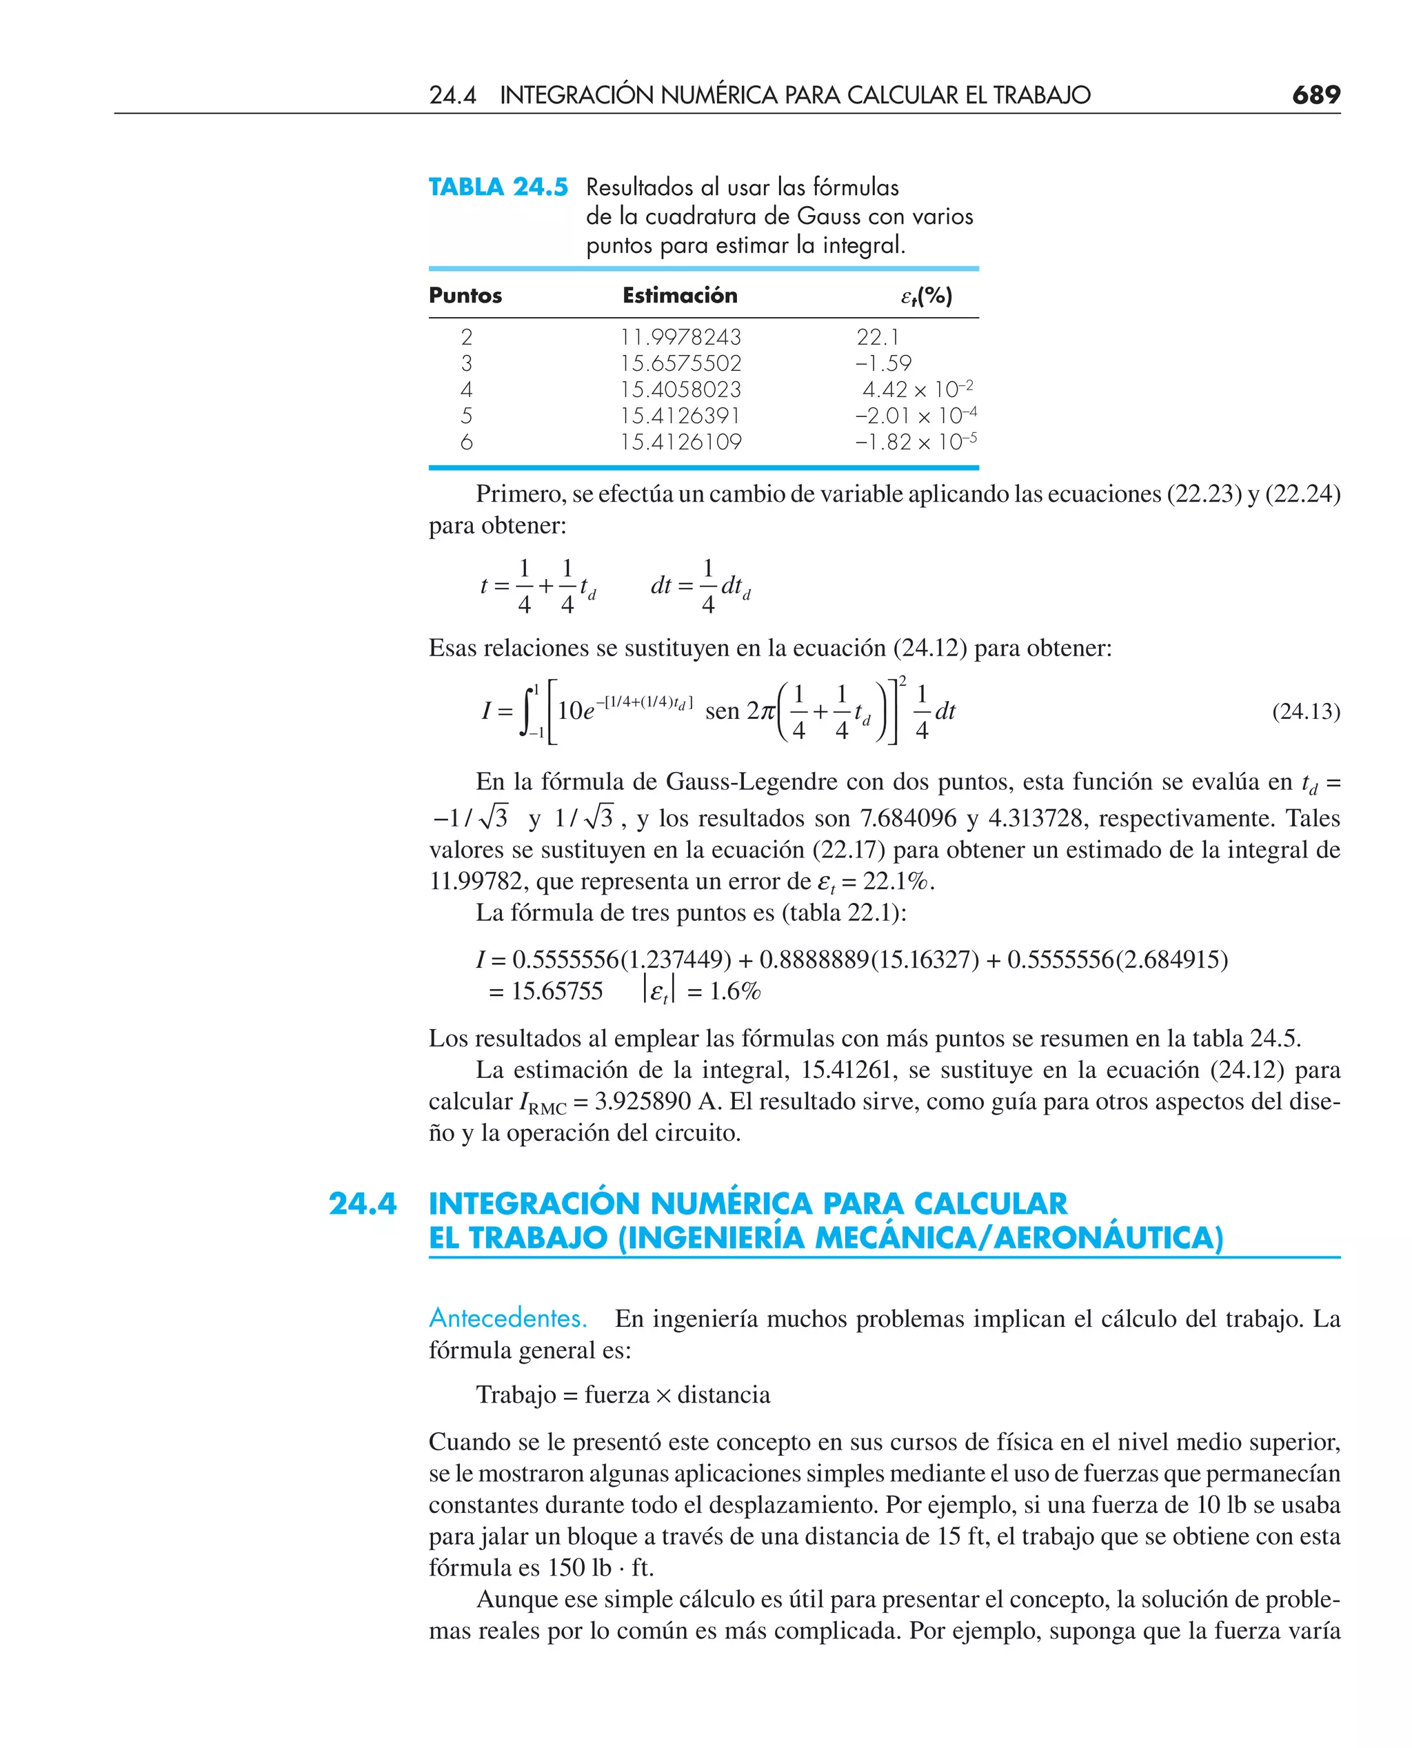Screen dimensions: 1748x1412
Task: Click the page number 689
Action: [1315, 95]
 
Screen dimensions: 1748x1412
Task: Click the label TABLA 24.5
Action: [498, 187]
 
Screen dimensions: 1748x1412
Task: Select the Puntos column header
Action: [465, 295]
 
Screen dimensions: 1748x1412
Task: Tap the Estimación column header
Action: [680, 295]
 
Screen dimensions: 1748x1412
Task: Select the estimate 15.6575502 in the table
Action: [680, 363]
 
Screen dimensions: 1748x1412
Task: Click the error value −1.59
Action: [883, 363]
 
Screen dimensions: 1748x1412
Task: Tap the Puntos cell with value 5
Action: [466, 416]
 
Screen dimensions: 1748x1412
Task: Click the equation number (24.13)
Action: [1305, 711]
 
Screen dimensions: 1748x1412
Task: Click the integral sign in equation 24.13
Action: [529, 712]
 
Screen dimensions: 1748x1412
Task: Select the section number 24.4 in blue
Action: [362, 1203]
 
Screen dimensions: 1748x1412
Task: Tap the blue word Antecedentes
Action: [507, 1318]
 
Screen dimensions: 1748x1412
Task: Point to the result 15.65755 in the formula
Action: [557, 991]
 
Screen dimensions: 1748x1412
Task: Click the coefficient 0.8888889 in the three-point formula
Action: [814, 959]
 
